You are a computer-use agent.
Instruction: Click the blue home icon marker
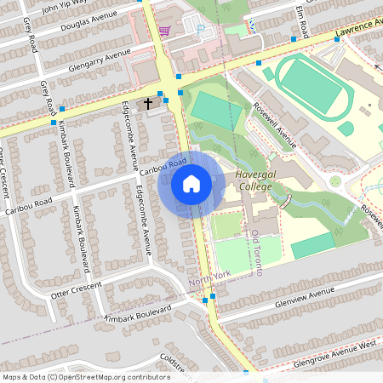coord(191,184)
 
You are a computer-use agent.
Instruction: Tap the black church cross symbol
coord(148,103)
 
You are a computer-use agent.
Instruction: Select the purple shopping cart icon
coord(163,30)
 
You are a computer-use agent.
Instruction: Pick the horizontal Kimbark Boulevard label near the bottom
coord(138,312)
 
